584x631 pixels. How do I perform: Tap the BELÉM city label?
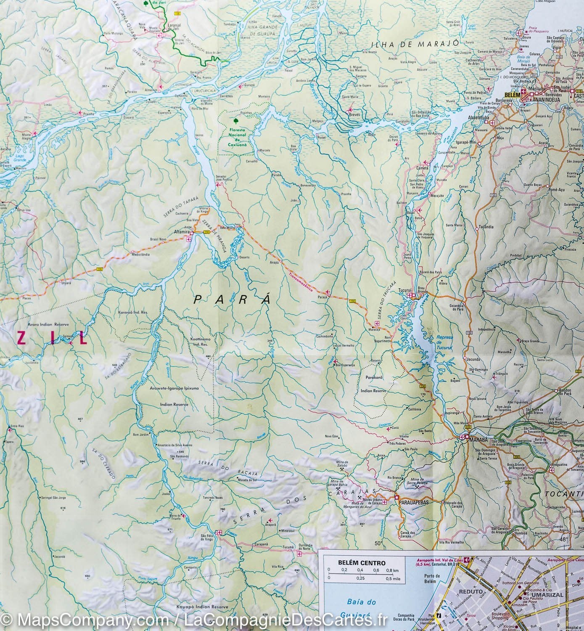coord(511,96)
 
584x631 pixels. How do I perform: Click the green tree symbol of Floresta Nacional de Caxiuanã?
coord(232,119)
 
